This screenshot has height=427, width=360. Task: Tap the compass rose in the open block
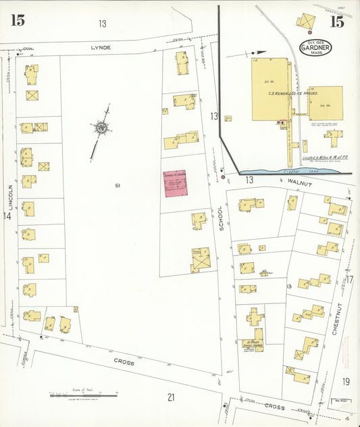[x=101, y=127]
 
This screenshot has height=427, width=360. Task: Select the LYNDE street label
[x=101, y=47]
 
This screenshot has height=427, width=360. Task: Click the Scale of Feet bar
[x=83, y=395]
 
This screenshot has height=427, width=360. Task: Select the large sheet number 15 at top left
[x=18, y=20]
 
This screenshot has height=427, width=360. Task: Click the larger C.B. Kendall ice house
[x=271, y=89]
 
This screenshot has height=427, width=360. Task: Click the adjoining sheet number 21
[x=171, y=397]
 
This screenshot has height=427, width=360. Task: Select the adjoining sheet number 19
[x=346, y=382]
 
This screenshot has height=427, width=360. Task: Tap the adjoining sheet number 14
[x=7, y=216]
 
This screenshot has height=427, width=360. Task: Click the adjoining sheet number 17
[x=349, y=279]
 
